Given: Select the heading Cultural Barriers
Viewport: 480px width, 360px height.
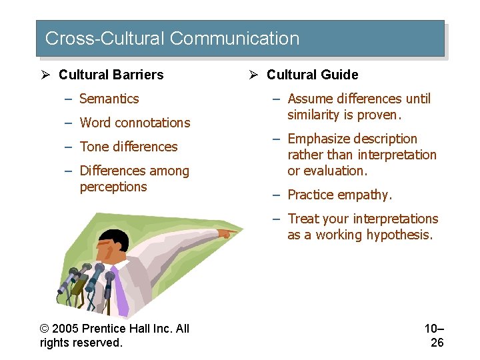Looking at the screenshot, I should tap(111, 75).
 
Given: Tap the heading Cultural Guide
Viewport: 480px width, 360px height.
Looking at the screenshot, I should tap(312, 75).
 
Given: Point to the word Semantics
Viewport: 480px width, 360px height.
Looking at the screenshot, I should tap(109, 99).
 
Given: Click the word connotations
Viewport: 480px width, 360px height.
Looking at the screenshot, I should tap(153, 123).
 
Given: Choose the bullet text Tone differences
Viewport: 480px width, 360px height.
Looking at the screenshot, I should tap(128, 147).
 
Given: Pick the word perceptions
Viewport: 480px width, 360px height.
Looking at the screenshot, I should tap(113, 187).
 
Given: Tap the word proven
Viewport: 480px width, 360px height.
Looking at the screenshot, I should tap(381, 115).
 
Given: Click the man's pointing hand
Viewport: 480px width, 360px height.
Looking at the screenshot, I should tap(227, 233).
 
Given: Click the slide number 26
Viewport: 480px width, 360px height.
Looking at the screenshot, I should tap(437, 343).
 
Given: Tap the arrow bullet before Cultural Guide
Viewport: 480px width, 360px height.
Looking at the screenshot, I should tap(253, 75).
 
